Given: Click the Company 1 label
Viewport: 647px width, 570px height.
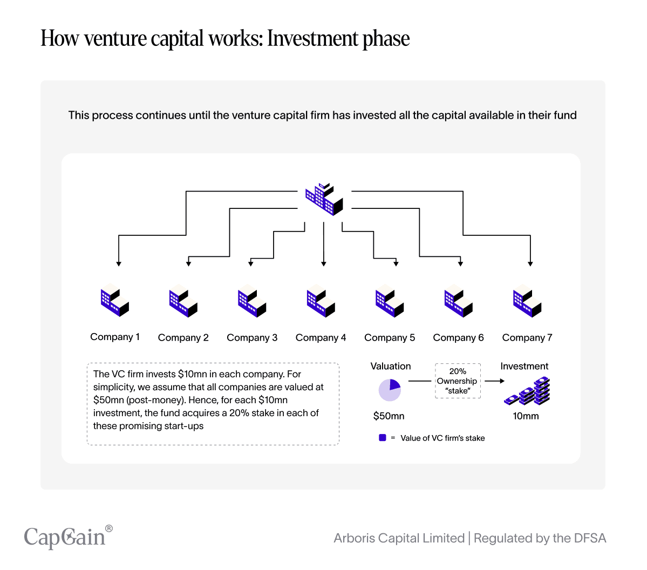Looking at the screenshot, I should point(115,337).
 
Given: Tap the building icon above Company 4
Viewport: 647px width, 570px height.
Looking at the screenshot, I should point(321,301).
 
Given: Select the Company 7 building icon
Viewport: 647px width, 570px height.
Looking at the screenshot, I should point(527,301).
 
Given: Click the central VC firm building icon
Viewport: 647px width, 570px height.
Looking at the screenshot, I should point(324,199).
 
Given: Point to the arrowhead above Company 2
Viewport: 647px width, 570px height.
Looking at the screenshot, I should point(188,263).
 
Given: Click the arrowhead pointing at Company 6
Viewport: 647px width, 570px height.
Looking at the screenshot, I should point(460,263).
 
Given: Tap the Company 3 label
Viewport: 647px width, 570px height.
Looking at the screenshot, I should point(252,337).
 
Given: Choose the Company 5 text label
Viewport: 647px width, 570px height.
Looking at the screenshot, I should point(390,337).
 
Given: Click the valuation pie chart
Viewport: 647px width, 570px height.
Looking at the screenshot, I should point(390,390).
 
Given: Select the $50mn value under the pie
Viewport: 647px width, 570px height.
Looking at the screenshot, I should point(389,416).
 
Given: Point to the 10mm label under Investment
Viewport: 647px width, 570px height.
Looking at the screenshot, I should point(526,416).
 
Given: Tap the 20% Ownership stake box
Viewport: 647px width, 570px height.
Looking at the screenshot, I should point(458,381).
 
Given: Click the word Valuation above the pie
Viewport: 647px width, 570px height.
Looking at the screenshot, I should point(391,366).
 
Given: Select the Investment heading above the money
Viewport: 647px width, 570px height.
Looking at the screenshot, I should point(524,366).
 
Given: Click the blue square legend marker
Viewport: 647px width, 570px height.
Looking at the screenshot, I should point(383,438).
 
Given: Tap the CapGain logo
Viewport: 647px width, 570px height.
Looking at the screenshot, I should point(68,537).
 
